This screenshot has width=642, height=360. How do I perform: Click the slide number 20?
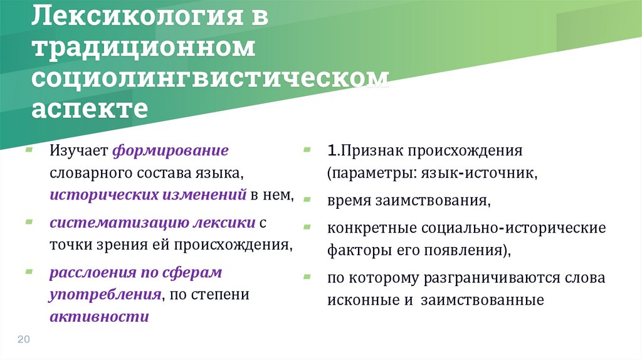point(24,339)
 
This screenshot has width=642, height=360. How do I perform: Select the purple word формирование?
point(171,151)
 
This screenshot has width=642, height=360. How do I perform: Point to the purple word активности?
point(100,315)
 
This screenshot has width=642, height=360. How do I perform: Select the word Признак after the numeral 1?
point(372,151)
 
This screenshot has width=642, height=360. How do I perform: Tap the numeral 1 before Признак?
point(331,151)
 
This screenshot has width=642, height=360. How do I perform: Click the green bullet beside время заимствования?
point(307,200)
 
